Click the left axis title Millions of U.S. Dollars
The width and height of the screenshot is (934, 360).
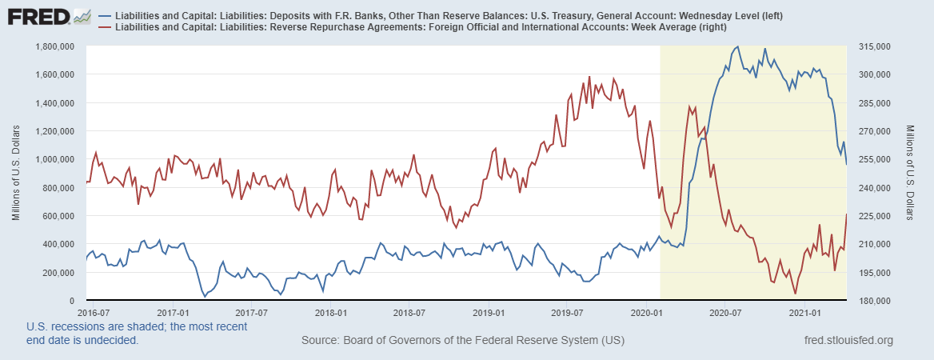click(x=15, y=173)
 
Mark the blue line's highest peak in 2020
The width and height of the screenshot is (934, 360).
click(x=736, y=46)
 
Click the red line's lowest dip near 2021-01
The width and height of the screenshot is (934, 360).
click(x=795, y=294)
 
